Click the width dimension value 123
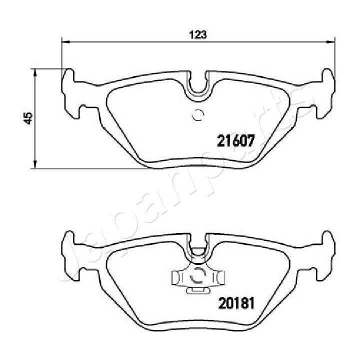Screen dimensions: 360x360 coord(198,34)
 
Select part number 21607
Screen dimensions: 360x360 coord(235,141)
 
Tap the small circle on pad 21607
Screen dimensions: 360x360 coord(198,115)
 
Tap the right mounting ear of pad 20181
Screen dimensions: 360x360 coord(325,255)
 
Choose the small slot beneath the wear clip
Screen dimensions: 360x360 coord(198,289)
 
